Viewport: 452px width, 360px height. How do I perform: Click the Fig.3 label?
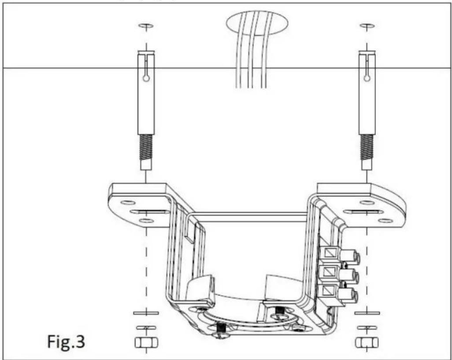click(x=66, y=342)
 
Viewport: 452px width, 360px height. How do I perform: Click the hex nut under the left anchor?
click(x=146, y=343)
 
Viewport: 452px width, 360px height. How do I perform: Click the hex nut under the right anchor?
click(x=367, y=343)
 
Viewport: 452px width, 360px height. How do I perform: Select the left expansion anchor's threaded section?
click(x=146, y=147)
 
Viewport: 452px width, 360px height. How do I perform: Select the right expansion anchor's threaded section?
click(x=367, y=147)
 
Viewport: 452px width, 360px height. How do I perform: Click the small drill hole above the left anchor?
click(x=146, y=26)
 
